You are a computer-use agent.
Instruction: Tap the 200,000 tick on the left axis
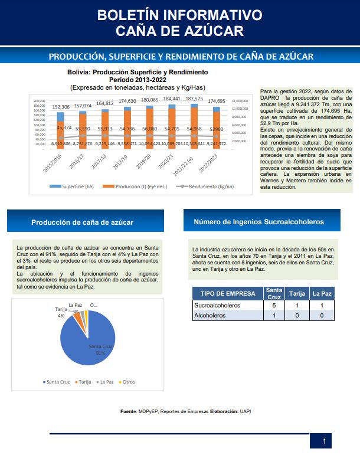click(40, 100)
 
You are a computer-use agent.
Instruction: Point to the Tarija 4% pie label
click(61, 312)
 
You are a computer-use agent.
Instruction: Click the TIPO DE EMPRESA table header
click(227, 293)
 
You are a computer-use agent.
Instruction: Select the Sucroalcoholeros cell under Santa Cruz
click(273, 306)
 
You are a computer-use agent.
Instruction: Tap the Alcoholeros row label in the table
click(211, 316)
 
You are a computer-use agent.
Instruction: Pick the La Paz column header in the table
click(322, 293)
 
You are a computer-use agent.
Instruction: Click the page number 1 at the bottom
click(323, 442)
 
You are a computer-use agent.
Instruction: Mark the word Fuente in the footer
click(129, 411)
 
